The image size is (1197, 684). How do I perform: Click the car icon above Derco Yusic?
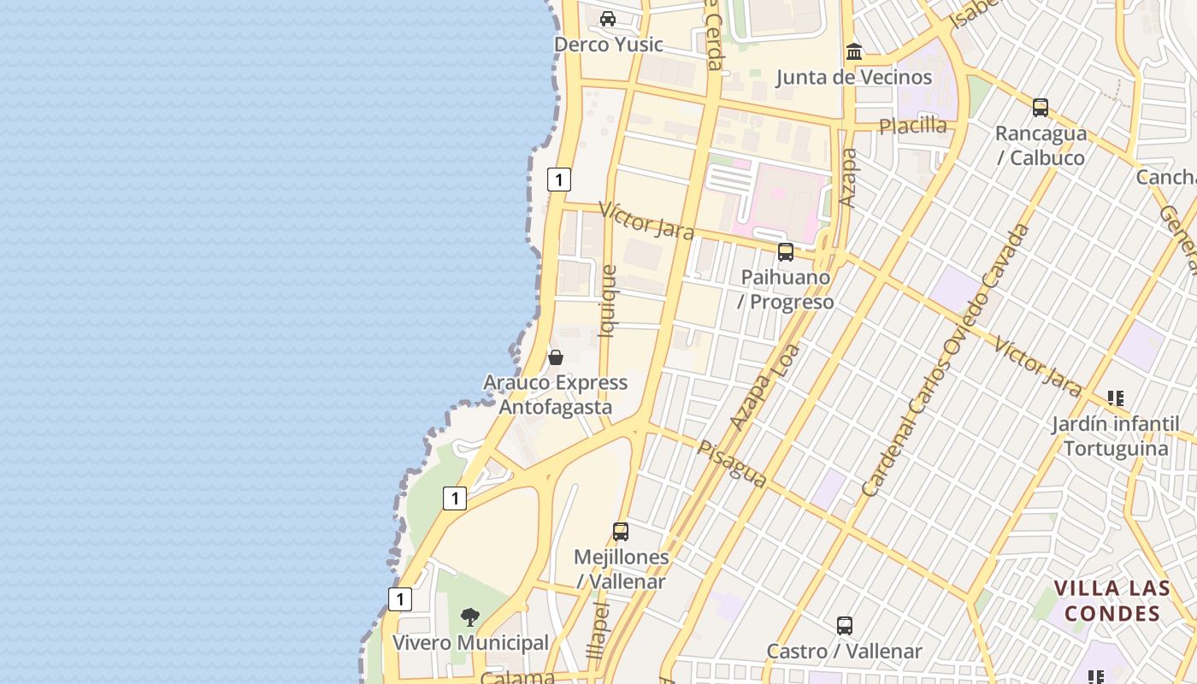tap(608, 19)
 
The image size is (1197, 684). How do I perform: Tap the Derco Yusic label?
tap(608, 44)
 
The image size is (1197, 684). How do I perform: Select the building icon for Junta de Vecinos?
tap(853, 52)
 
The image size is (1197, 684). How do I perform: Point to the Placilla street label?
tap(913, 126)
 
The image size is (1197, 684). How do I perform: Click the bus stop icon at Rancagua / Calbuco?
tap(1040, 108)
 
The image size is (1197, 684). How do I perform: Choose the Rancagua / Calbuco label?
tap(1040, 145)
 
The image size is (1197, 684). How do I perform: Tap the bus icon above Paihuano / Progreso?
tap(786, 252)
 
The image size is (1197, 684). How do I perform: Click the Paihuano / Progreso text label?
tap(786, 290)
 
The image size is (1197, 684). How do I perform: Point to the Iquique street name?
tap(608, 302)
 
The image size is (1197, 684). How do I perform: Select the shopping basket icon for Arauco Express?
tap(556, 357)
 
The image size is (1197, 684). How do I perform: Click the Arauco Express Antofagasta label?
tap(556, 394)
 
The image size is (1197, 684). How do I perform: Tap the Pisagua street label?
tap(732, 464)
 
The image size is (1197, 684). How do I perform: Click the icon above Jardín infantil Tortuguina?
tap(1115, 398)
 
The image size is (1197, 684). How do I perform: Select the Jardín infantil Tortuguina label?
tap(1115, 436)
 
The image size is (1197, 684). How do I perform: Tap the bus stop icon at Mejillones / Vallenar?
tap(621, 531)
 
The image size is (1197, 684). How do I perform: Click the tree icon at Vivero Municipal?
tap(469, 616)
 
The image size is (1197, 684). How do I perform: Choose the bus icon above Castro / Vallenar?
tap(845, 625)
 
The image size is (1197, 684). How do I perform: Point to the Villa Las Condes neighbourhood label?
tap(1111, 600)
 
